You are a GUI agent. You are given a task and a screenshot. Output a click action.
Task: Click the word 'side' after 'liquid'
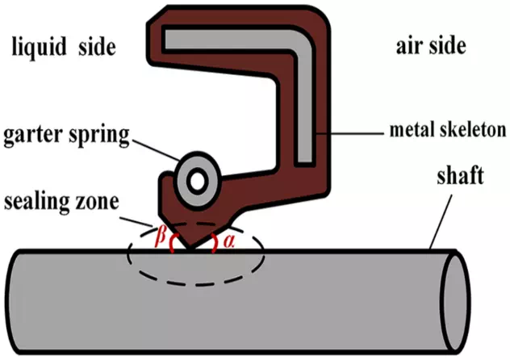pos(96,48)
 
